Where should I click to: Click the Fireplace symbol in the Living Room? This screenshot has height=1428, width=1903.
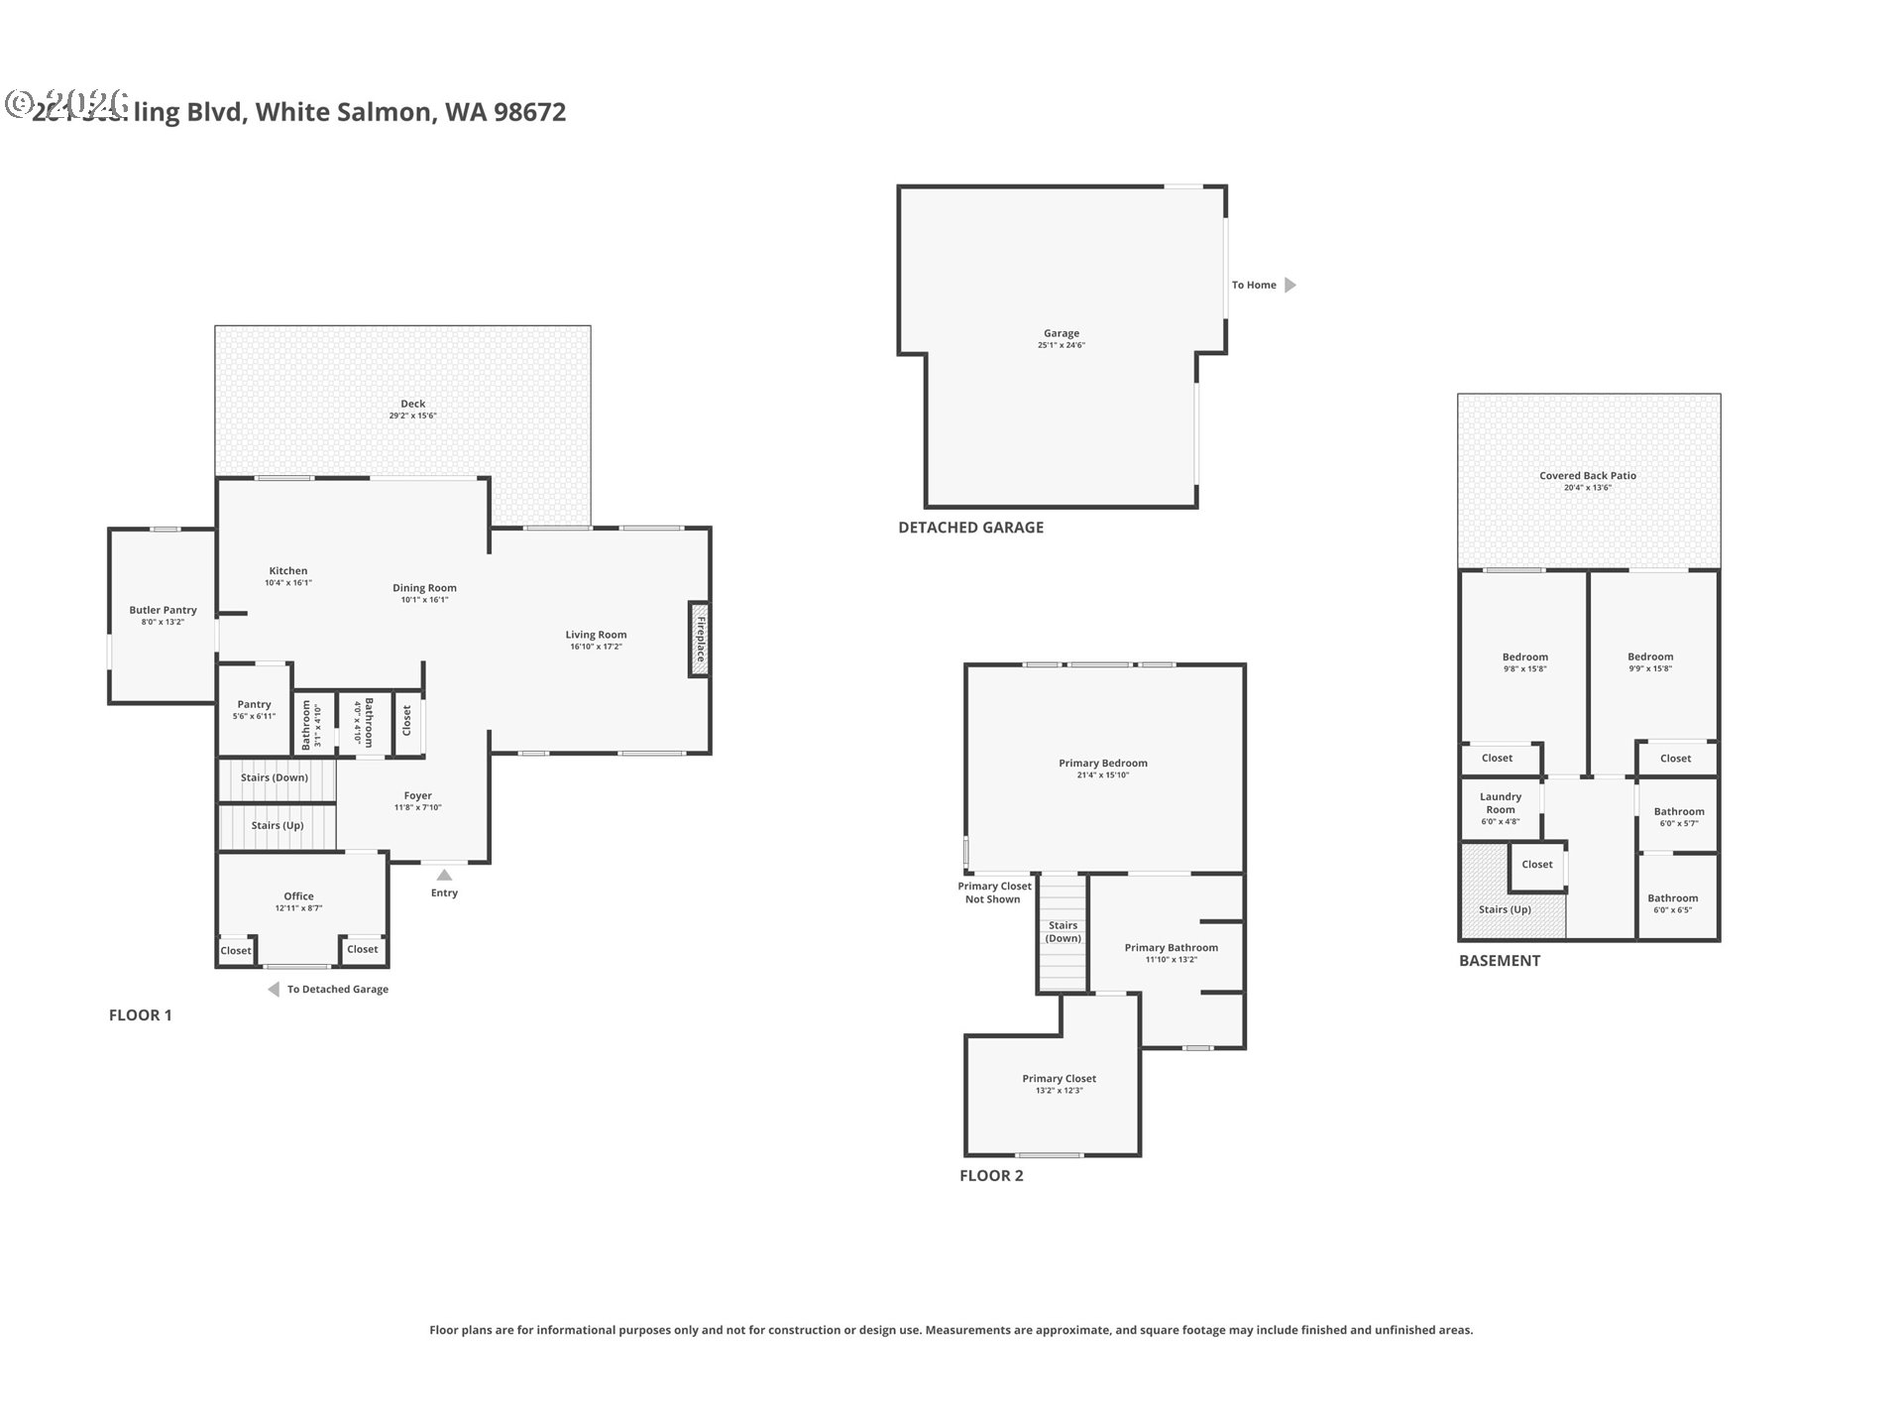tap(700, 640)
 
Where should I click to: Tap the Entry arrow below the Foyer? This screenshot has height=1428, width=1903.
tap(444, 875)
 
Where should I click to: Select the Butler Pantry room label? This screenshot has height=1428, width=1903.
tap(163, 610)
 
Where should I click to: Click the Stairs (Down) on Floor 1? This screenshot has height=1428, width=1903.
tap(275, 777)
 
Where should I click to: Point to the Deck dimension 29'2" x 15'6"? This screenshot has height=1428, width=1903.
tap(412, 416)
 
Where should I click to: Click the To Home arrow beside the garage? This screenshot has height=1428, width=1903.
tap(1289, 285)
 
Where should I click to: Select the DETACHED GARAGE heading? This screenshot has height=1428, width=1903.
tap(970, 528)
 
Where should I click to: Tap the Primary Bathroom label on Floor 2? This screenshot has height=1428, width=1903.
tap(1171, 948)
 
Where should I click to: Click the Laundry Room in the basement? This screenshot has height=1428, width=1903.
tap(1500, 803)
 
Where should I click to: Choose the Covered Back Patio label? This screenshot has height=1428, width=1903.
tap(1587, 476)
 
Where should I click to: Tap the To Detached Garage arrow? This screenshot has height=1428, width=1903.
tap(274, 989)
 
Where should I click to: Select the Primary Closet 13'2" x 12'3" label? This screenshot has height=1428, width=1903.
tap(1059, 1079)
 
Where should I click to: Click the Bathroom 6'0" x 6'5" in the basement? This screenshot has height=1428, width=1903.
tap(1672, 898)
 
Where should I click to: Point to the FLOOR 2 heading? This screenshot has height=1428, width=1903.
tap(990, 1176)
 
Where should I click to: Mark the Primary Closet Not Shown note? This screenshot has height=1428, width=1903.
tap(993, 892)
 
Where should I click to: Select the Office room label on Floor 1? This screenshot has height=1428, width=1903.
tap(298, 896)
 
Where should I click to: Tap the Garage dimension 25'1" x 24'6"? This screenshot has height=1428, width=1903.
tap(1061, 346)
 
